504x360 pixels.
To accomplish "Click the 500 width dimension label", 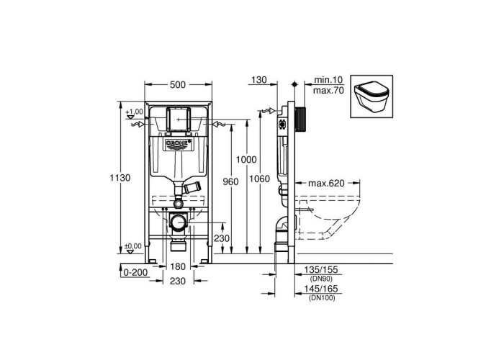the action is click(x=178, y=84).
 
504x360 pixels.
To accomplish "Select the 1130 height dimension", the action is click(x=120, y=178).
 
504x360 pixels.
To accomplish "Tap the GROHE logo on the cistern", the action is click(x=178, y=144).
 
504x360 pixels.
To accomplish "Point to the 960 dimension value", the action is click(x=231, y=181).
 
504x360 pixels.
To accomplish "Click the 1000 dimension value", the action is click(x=246, y=159).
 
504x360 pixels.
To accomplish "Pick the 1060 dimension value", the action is click(x=260, y=179).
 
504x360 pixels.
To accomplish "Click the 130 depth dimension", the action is click(x=259, y=80).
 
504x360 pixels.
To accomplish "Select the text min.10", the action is click(x=328, y=80).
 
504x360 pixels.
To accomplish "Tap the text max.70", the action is click(x=328, y=91).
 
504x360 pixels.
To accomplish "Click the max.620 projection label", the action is click(x=326, y=183).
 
